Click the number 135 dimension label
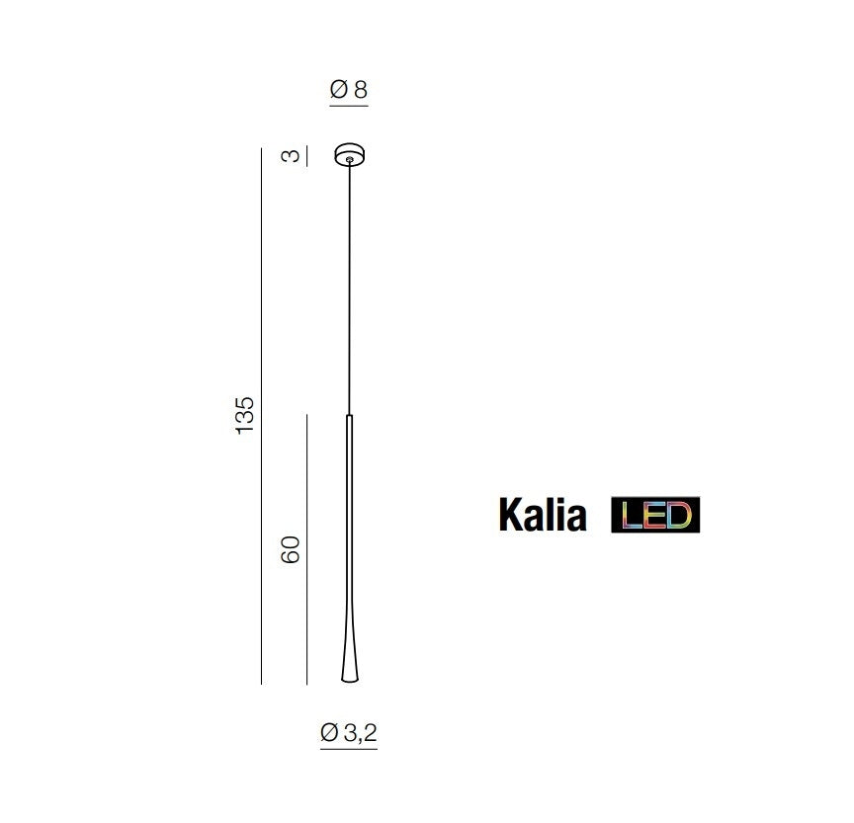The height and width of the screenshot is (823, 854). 245,415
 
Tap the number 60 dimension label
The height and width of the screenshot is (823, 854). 291,549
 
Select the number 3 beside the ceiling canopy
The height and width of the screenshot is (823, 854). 291,156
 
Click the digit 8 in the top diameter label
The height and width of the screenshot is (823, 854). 361,89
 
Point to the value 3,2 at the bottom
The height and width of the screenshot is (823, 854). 360,733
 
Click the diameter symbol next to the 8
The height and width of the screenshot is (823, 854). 339,89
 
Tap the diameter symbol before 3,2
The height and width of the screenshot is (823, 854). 329,733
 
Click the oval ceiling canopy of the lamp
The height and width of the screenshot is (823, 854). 349,154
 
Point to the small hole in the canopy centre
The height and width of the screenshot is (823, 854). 349,159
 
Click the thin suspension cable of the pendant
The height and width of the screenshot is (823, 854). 349,288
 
